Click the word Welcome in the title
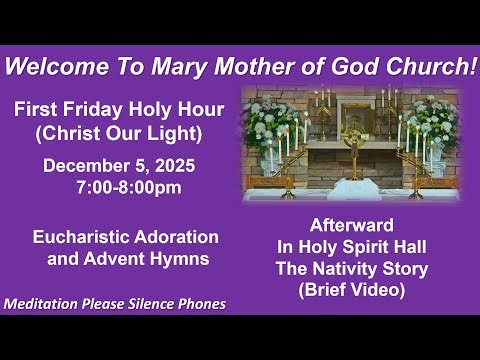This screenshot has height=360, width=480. (x=50, y=67)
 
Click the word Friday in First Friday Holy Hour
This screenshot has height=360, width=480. (x=90, y=108)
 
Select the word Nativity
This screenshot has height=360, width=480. (x=364, y=269)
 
